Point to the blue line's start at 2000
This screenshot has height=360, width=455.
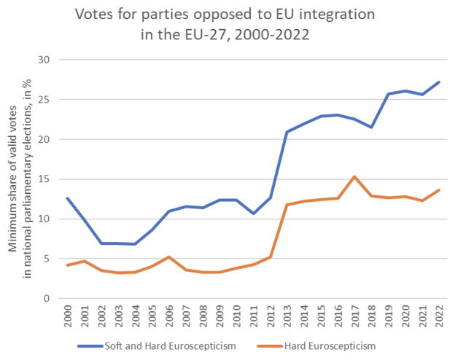click(x=68, y=198)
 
